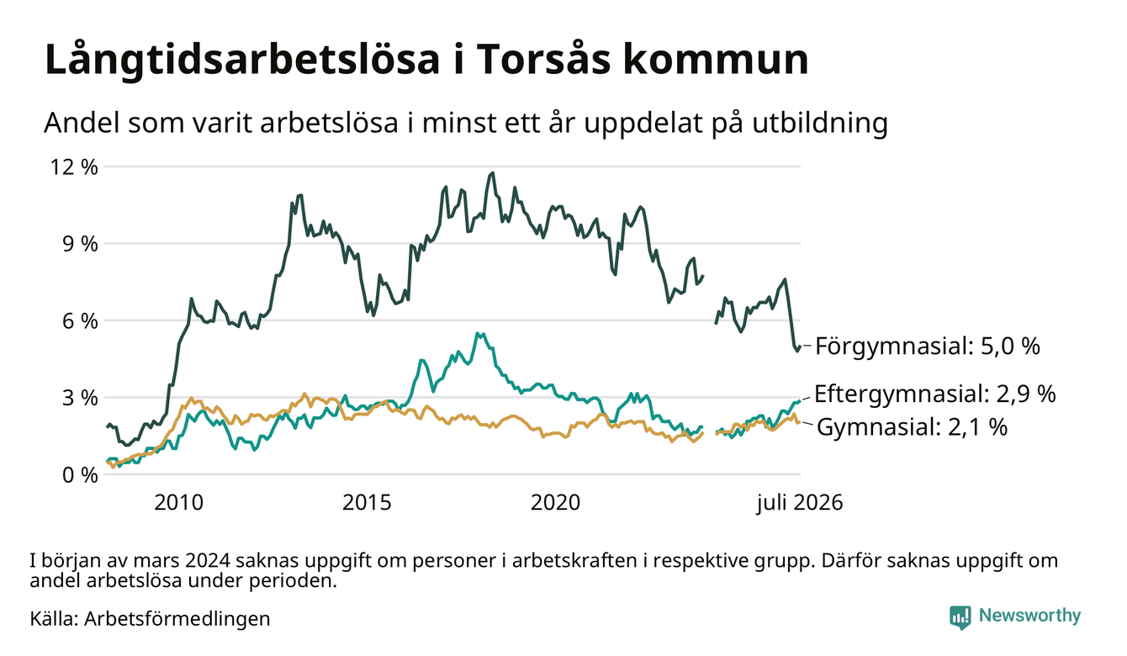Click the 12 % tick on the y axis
coord(74,167)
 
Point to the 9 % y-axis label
coord(80,244)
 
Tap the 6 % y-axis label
coord(80,321)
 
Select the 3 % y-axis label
coord(80,398)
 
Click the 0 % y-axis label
coord(80,475)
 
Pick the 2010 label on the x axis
coord(178,503)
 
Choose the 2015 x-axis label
coord(367,503)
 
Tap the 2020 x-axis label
coord(555,503)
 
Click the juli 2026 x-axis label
coord(800,503)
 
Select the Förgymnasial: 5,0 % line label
coord(928,347)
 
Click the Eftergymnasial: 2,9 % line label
coord(934,394)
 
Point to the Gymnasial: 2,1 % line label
coord(913,427)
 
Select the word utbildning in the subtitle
coord(820,124)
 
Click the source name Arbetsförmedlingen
coord(177,619)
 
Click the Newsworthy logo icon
coord(960,617)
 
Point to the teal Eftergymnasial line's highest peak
coord(477,333)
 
